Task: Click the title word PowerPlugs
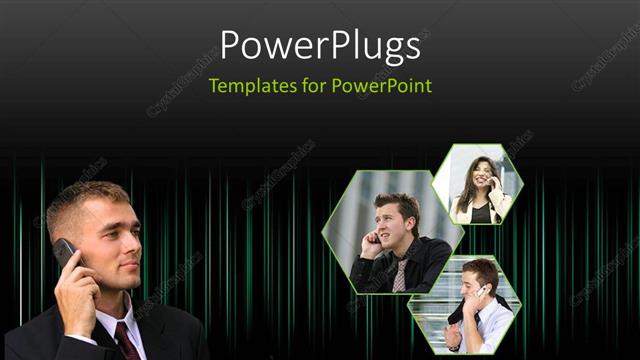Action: pyautogui.click(x=320, y=46)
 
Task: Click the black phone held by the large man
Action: pyautogui.click(x=66, y=253)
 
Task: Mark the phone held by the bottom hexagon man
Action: pyautogui.click(x=481, y=292)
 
